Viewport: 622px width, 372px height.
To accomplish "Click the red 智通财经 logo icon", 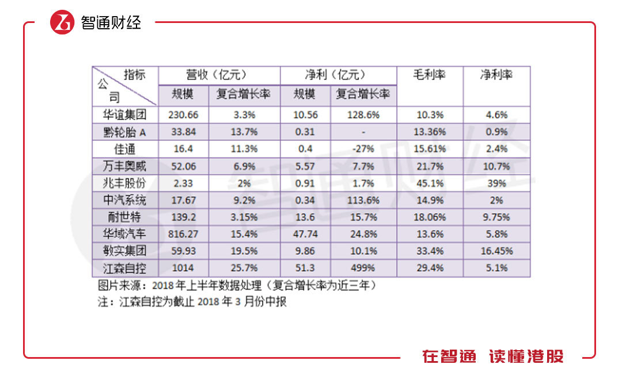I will pos(63,22).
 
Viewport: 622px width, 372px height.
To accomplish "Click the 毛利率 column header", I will pos(430,75).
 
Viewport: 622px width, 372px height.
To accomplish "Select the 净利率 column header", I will pos(496,75).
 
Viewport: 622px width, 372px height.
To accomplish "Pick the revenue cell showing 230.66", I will pos(183,115).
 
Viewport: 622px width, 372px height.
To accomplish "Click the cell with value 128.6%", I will pos(363,115).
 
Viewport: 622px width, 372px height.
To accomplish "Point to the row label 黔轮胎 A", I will pos(125,132).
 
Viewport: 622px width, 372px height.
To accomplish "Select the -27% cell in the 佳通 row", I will pos(363,149).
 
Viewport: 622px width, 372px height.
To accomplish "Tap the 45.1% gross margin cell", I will pos(430,183).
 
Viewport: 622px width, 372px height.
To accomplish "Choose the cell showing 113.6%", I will pos(363,201).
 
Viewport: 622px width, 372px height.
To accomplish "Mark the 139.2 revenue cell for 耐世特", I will pos(183,217).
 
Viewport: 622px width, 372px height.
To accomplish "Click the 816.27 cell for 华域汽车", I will pos(183,235).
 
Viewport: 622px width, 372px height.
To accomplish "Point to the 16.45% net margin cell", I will pos(496,251).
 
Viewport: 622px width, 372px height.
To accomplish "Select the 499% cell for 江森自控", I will pos(363,269).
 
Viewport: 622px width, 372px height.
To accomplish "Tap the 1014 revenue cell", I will pos(183,269).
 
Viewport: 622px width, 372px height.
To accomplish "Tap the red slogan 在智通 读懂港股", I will pos(492,356).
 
